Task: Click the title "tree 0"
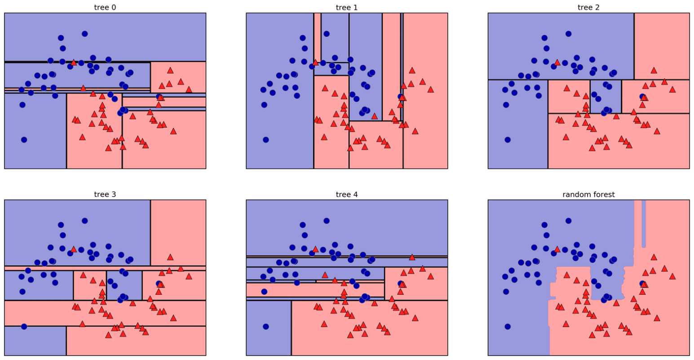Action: point(105,7)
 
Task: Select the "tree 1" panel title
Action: point(347,7)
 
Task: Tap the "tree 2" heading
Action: point(588,7)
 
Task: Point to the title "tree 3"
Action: point(105,194)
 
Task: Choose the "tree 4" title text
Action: point(347,194)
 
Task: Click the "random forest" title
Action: point(588,194)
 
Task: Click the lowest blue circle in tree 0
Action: point(24,140)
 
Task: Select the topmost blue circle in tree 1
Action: point(327,34)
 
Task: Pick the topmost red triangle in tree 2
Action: point(557,62)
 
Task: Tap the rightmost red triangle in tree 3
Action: point(189,276)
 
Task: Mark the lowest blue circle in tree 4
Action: point(265,327)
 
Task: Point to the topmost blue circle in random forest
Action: point(568,221)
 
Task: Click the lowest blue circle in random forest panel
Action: point(507,327)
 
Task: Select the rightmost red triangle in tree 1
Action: point(430,89)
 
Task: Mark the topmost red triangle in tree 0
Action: point(74,62)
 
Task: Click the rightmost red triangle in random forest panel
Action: point(672,276)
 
